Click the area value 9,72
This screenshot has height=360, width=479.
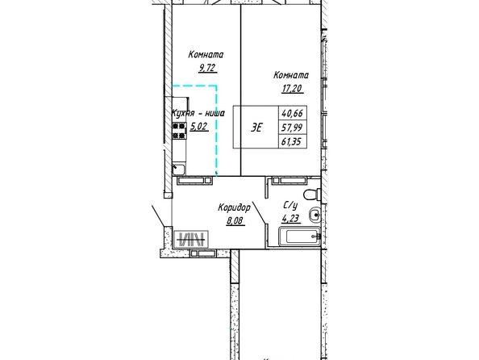(208, 68)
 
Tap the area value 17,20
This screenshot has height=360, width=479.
(293, 89)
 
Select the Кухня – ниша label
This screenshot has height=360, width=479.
(198, 113)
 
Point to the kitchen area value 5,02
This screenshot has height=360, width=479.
(199, 126)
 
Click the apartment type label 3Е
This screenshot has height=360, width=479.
(256, 128)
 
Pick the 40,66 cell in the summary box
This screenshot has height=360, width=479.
(293, 114)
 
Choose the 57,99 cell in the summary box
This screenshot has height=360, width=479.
(293, 128)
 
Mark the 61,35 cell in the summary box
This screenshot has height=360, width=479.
(293, 141)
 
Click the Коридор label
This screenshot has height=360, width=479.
(235, 207)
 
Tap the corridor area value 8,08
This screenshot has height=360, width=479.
(235, 220)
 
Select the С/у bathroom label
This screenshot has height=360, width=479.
(290, 206)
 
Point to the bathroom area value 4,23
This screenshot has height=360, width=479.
(291, 219)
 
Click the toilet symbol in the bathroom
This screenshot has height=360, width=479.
(312, 195)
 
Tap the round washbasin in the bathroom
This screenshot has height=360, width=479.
(314, 215)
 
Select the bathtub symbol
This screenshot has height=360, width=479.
(300, 237)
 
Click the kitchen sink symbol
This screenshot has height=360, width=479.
(179, 170)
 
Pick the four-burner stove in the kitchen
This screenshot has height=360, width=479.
(179, 131)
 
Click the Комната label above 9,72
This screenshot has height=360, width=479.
(206, 55)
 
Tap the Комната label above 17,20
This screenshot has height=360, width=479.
(291, 75)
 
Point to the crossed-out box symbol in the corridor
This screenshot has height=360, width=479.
(191, 239)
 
